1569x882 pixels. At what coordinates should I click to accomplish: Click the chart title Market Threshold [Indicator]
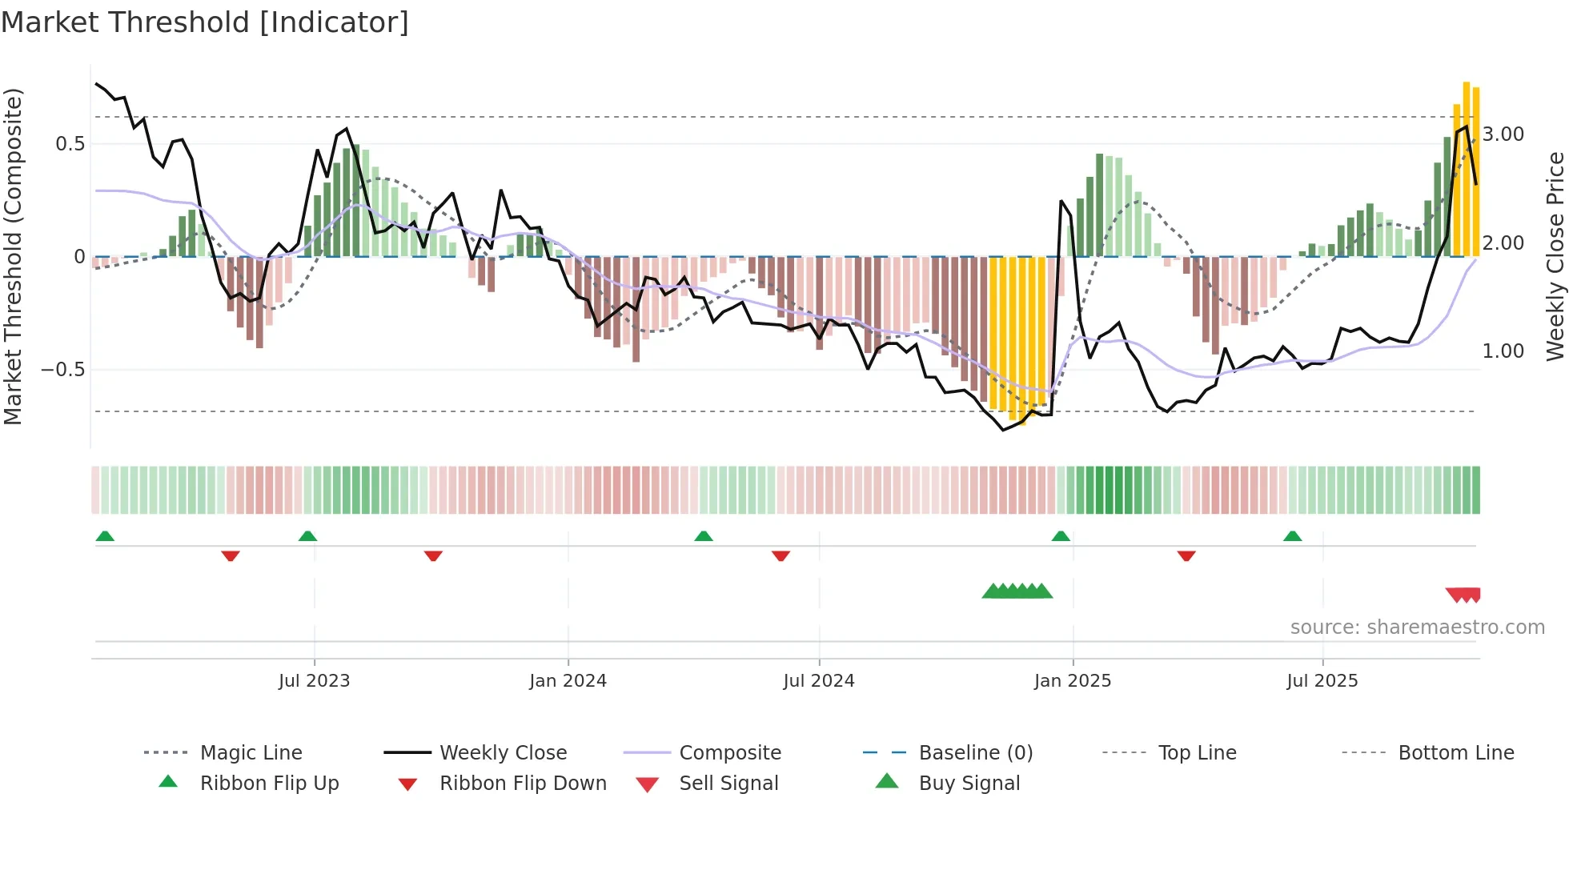(x=205, y=22)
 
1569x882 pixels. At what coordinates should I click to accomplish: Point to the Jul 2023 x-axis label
(x=314, y=680)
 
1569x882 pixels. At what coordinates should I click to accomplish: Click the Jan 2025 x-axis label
(x=1072, y=680)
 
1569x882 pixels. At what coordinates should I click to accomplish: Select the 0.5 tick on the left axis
(x=70, y=144)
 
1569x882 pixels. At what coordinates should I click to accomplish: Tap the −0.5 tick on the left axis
(x=62, y=370)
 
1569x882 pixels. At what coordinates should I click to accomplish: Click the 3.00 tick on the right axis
(x=1503, y=134)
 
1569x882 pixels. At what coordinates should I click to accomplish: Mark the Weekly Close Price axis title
(x=1555, y=256)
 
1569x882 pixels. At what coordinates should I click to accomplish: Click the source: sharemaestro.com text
(x=1417, y=627)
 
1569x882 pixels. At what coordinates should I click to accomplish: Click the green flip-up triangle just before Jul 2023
(x=307, y=536)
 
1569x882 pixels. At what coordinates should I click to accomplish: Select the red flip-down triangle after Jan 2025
(x=1186, y=555)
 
